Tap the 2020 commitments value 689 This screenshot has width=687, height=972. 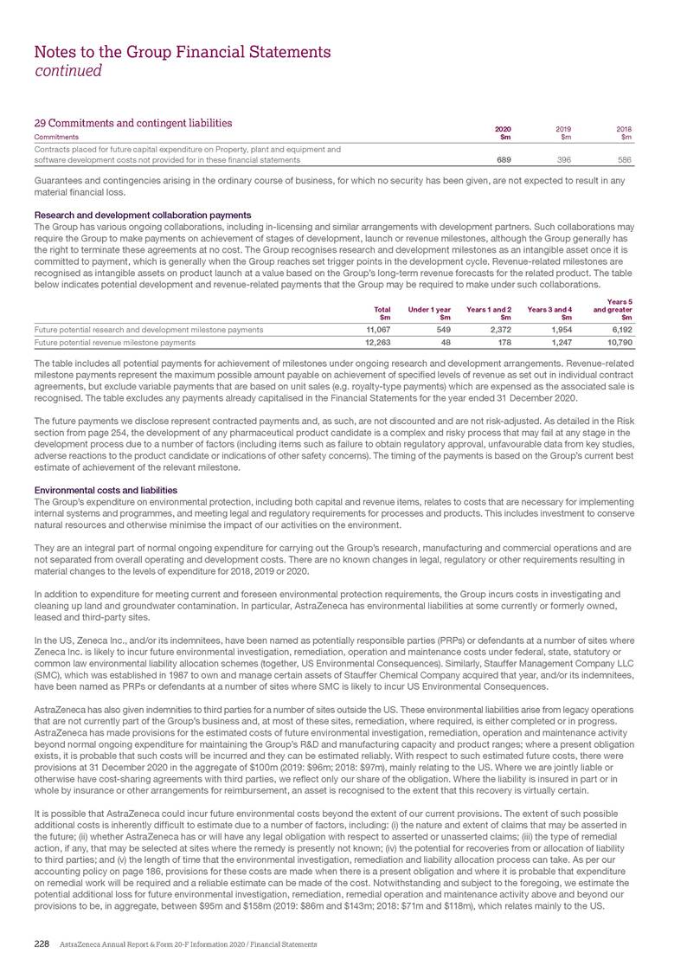click(502, 160)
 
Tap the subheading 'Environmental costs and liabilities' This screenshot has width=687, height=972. click(105, 490)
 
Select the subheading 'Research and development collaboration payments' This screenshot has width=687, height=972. click(142, 215)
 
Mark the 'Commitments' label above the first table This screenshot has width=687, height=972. click(56, 137)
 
